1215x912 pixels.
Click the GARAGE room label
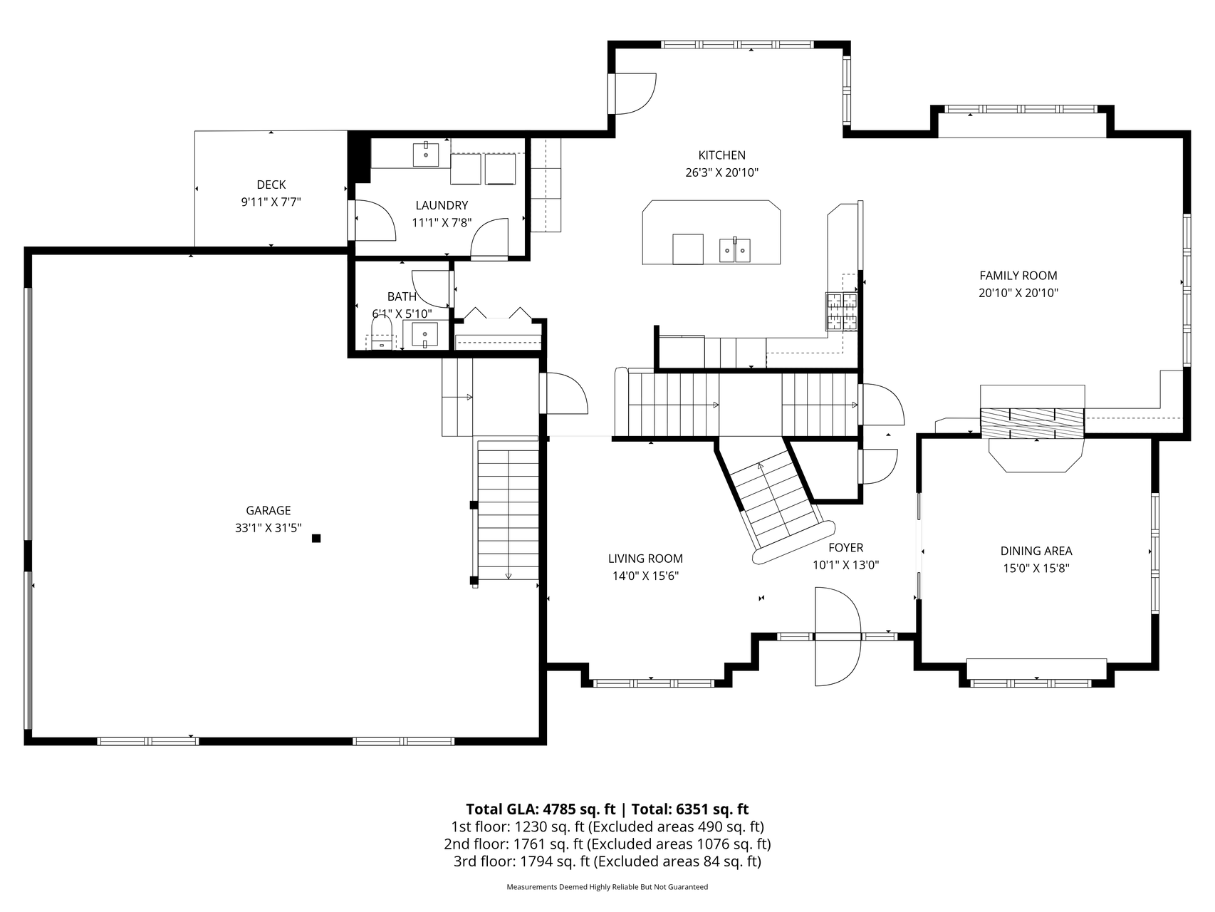(x=268, y=510)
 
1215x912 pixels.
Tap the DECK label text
(x=271, y=185)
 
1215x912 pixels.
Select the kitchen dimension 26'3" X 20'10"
(x=721, y=172)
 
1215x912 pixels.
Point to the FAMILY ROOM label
(x=1018, y=276)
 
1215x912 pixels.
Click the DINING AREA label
(x=1036, y=551)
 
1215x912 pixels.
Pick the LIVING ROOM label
(x=645, y=559)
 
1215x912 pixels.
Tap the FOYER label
(x=846, y=547)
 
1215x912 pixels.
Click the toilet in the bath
(x=382, y=333)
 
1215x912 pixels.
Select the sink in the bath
(x=426, y=335)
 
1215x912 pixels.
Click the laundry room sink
(x=426, y=154)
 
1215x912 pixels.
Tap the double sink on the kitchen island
(x=734, y=250)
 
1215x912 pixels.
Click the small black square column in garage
(x=316, y=539)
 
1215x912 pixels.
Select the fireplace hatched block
(x=1032, y=423)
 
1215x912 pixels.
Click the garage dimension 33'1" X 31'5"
(x=268, y=528)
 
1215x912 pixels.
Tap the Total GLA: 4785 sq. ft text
(x=541, y=809)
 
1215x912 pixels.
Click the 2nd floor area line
(x=607, y=844)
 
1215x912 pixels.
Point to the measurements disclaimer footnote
(x=607, y=887)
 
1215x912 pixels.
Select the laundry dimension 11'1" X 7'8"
(x=442, y=222)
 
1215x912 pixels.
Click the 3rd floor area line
(x=607, y=861)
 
